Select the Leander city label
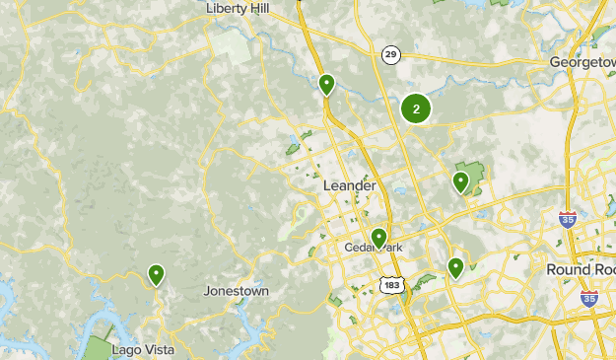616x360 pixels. pos(349,185)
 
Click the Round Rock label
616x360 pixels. pos(581,269)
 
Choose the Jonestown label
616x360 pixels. pos(236,291)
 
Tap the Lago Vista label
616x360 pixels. pos(143,350)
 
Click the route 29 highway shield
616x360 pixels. pos(391,54)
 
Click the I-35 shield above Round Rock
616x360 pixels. pos(567,219)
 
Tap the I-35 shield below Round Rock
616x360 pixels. pos(588,299)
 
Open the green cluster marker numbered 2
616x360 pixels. pos(416,109)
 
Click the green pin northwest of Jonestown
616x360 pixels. pos(156,274)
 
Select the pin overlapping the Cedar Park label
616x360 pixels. pos(377,238)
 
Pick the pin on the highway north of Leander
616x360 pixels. pos(326,85)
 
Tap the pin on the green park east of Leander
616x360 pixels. pos(460,181)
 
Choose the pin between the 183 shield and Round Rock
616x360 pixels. pos(455,266)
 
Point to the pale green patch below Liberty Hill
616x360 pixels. pos(234,46)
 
